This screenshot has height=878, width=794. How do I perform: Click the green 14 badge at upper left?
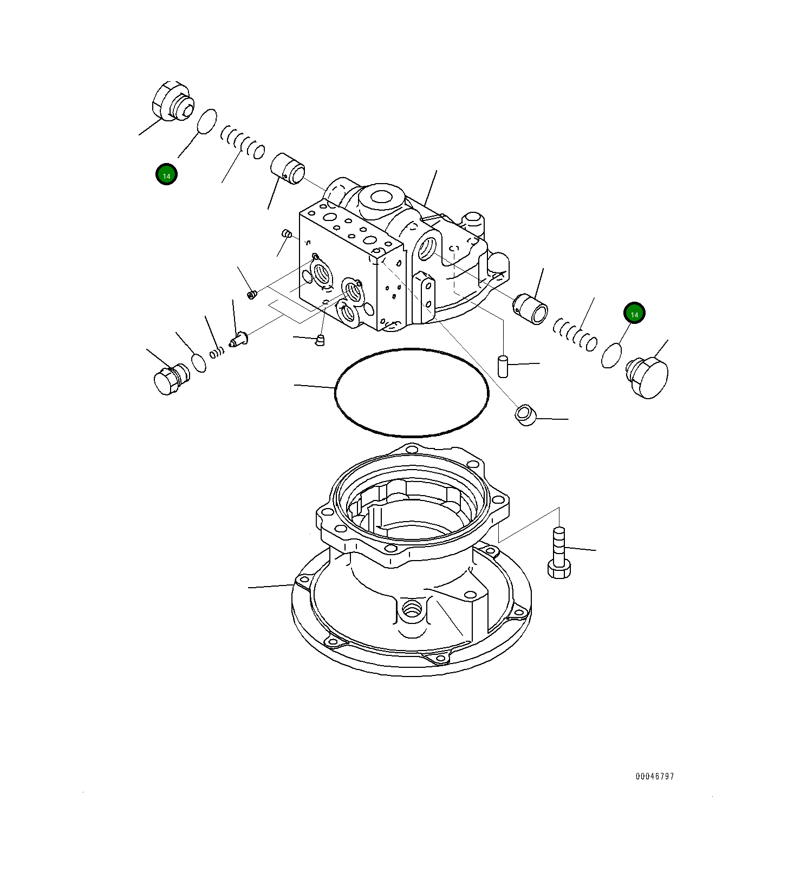(x=166, y=174)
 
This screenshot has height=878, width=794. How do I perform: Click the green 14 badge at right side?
(x=634, y=313)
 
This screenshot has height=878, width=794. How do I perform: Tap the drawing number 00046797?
(x=654, y=776)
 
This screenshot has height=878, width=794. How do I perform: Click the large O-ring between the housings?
(x=412, y=393)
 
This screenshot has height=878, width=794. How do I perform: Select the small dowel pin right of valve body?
(x=503, y=366)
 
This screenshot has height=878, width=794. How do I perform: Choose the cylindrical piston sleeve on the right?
(x=531, y=309)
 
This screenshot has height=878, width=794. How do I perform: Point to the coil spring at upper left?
(x=243, y=142)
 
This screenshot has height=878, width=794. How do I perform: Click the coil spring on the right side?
(x=575, y=334)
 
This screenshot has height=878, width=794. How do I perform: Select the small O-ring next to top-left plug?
(x=206, y=121)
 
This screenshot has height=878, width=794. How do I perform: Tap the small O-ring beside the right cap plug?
(x=611, y=355)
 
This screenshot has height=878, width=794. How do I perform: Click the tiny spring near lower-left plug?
(x=217, y=353)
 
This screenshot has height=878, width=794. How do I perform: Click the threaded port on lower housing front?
(x=411, y=610)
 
